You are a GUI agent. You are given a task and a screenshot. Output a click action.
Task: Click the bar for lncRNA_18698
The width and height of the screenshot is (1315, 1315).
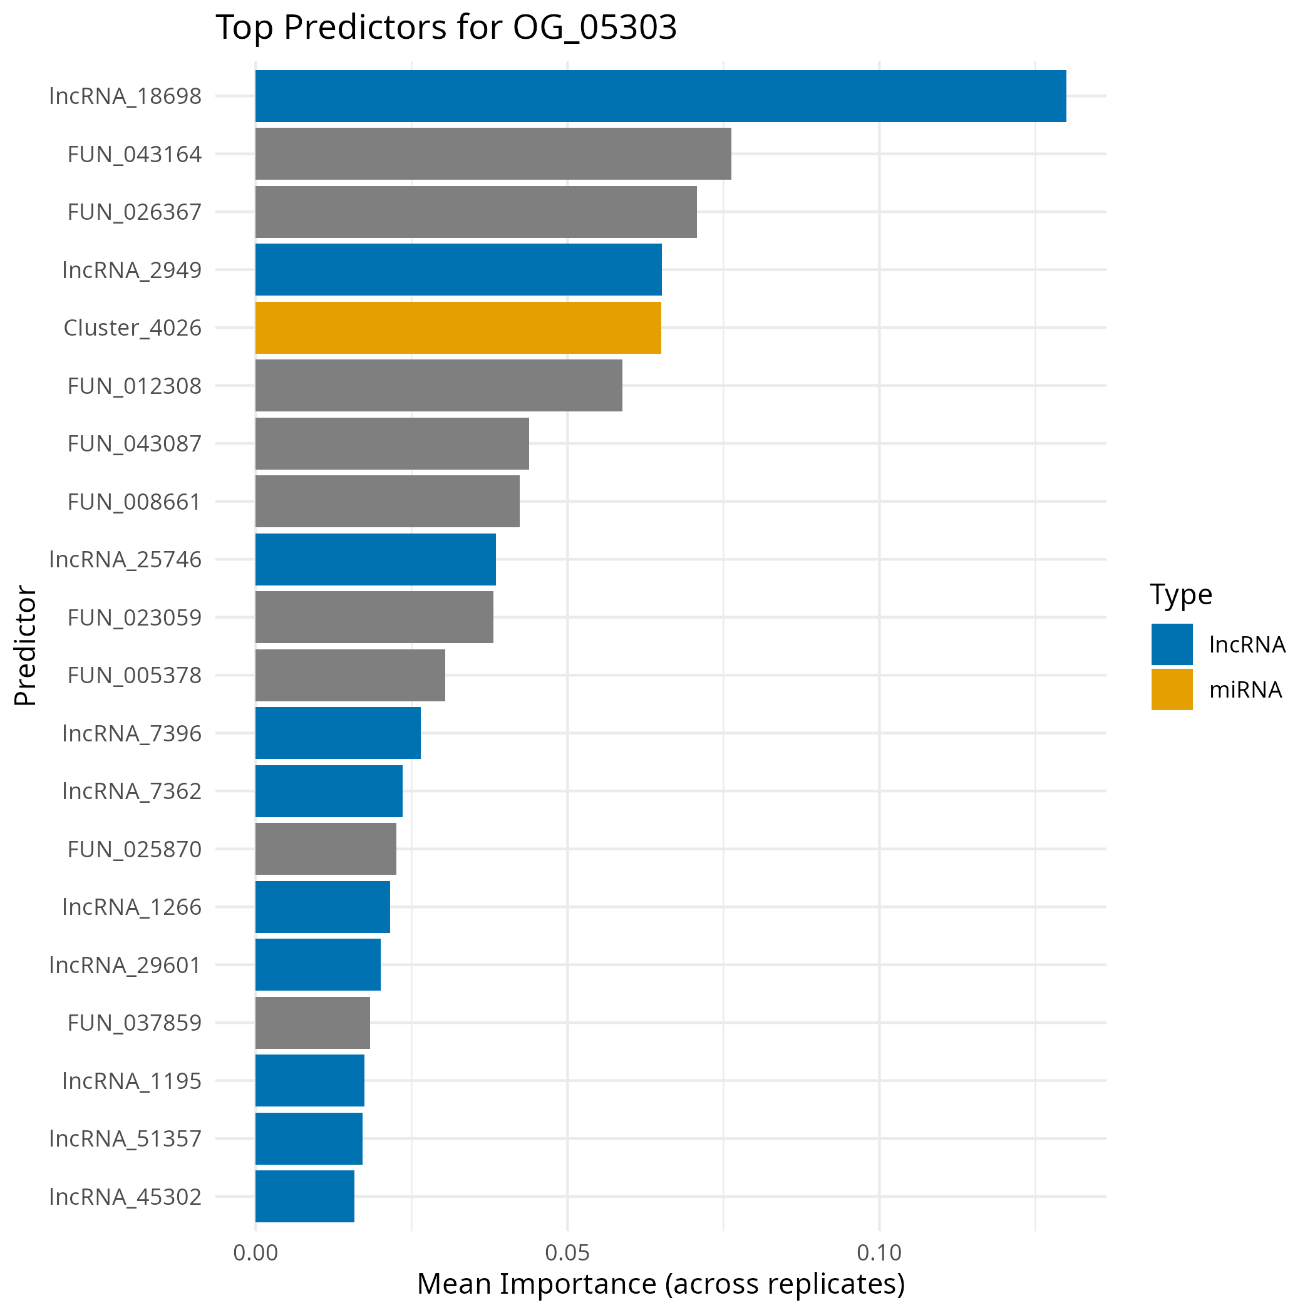coord(660,96)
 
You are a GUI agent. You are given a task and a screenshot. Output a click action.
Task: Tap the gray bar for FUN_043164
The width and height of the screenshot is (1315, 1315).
coord(493,154)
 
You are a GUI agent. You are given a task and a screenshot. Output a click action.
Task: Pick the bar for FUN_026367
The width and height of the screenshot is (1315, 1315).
coord(476,212)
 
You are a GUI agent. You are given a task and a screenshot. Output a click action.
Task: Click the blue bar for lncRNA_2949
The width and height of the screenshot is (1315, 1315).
coord(458,269)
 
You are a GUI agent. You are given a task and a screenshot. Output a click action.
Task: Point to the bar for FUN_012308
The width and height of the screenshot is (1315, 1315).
coord(438,385)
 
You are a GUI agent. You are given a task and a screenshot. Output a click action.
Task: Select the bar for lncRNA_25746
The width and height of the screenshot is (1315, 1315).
coord(375,559)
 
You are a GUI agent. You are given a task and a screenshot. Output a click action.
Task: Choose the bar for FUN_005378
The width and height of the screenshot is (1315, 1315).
coord(350,674)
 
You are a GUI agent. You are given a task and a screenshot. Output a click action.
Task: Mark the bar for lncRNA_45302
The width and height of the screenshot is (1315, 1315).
coord(304,1196)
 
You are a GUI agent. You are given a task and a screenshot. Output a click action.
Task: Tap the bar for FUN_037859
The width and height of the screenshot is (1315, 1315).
coord(312,1023)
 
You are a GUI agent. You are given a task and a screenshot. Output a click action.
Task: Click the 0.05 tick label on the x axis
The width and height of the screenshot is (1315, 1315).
coord(567,1253)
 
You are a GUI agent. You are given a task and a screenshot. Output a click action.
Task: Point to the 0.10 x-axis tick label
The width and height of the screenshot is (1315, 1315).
coord(879,1253)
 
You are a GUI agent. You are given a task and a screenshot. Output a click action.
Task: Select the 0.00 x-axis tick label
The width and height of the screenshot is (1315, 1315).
coord(255,1253)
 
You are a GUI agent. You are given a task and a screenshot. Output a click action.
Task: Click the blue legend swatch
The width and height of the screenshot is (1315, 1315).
coord(1172,644)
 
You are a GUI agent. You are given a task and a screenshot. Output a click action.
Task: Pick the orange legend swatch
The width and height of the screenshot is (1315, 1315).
coord(1172,689)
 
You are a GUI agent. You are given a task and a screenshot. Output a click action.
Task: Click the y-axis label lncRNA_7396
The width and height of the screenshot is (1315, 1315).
coord(132,733)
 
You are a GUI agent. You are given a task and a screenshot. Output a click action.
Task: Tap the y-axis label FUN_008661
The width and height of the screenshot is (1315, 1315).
coord(134,502)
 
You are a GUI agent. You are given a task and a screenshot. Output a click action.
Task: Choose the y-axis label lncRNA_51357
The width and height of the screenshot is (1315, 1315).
coord(125,1138)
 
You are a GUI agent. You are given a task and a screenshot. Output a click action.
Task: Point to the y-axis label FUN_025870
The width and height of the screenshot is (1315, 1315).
coord(134,848)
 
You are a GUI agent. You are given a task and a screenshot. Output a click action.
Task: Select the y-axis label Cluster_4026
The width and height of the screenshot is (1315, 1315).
coord(132,327)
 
